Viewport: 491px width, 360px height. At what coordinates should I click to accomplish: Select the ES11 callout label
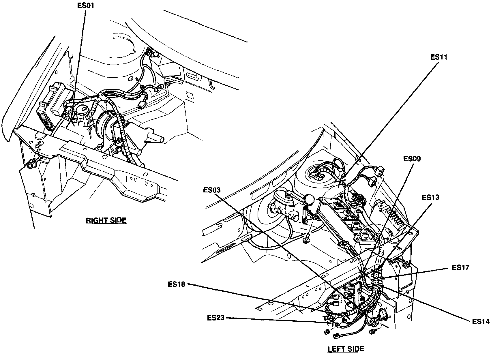tap(438, 57)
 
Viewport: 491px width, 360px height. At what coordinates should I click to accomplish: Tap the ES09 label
tap(412, 159)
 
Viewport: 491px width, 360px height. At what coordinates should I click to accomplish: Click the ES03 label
tap(211, 190)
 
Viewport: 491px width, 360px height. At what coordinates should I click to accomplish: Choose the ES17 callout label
tap(460, 267)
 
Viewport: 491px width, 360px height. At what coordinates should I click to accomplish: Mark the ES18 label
tap(176, 284)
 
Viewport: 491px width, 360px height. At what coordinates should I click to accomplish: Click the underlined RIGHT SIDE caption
tap(106, 220)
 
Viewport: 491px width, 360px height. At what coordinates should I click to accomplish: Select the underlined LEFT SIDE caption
tap(346, 349)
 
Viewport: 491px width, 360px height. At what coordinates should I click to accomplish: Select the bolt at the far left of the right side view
tap(30, 165)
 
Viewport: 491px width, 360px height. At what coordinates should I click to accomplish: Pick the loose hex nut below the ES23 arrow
tap(327, 332)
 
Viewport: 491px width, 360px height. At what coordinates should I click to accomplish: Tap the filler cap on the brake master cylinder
tap(288, 196)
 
